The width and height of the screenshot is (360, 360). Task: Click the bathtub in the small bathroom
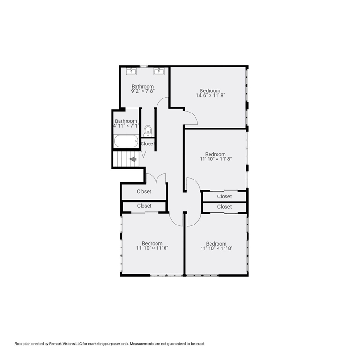tap(126, 141)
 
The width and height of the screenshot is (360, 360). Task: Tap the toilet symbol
tap(148, 131)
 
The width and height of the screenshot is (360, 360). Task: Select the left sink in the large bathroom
tap(132, 71)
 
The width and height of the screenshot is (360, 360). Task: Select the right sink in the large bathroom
tap(159, 71)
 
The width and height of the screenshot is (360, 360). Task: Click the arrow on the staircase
tap(133, 159)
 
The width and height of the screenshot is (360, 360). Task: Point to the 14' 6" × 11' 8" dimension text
tap(210, 95)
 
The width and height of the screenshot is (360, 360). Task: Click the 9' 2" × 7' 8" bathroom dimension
tap(142, 91)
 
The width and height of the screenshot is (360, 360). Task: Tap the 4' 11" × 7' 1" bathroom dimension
tap(126, 126)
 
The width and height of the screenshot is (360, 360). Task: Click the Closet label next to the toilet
tap(148, 144)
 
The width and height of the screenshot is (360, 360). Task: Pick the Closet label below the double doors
tap(144, 191)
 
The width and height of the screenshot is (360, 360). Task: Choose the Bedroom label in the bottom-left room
tap(152, 243)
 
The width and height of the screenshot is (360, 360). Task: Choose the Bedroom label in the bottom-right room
tap(216, 244)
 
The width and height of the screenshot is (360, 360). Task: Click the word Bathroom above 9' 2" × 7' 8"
tap(142, 87)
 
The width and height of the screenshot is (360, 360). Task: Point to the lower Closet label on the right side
tap(225, 207)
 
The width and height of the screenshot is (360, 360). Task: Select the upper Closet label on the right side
tap(225, 196)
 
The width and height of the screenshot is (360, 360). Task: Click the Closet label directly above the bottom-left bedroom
tap(144, 206)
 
